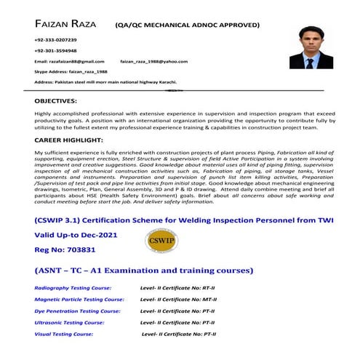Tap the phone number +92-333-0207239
pos(55,39)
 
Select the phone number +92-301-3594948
pos(55,51)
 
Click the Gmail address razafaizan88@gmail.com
pos(69,63)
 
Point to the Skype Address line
pos(70,73)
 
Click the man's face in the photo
pos(309,41)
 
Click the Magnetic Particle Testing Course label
pos(79,300)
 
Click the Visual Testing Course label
pos(63,333)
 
